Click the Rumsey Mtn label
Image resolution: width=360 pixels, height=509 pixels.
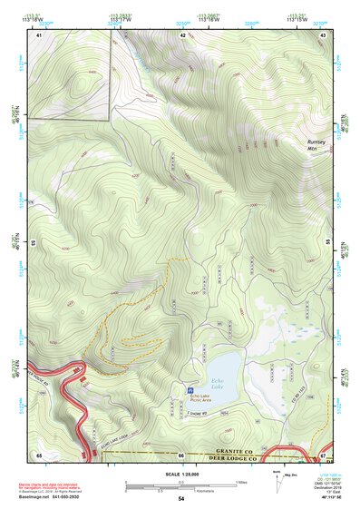click(x=316, y=146)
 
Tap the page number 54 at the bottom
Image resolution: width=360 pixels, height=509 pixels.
click(x=180, y=500)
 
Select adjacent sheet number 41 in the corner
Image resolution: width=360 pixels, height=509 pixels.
click(x=39, y=34)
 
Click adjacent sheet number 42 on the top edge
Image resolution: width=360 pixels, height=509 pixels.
click(x=182, y=34)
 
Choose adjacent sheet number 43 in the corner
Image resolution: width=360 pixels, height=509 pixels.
click(x=324, y=34)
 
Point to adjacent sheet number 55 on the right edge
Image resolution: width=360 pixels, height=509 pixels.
click(x=326, y=243)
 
